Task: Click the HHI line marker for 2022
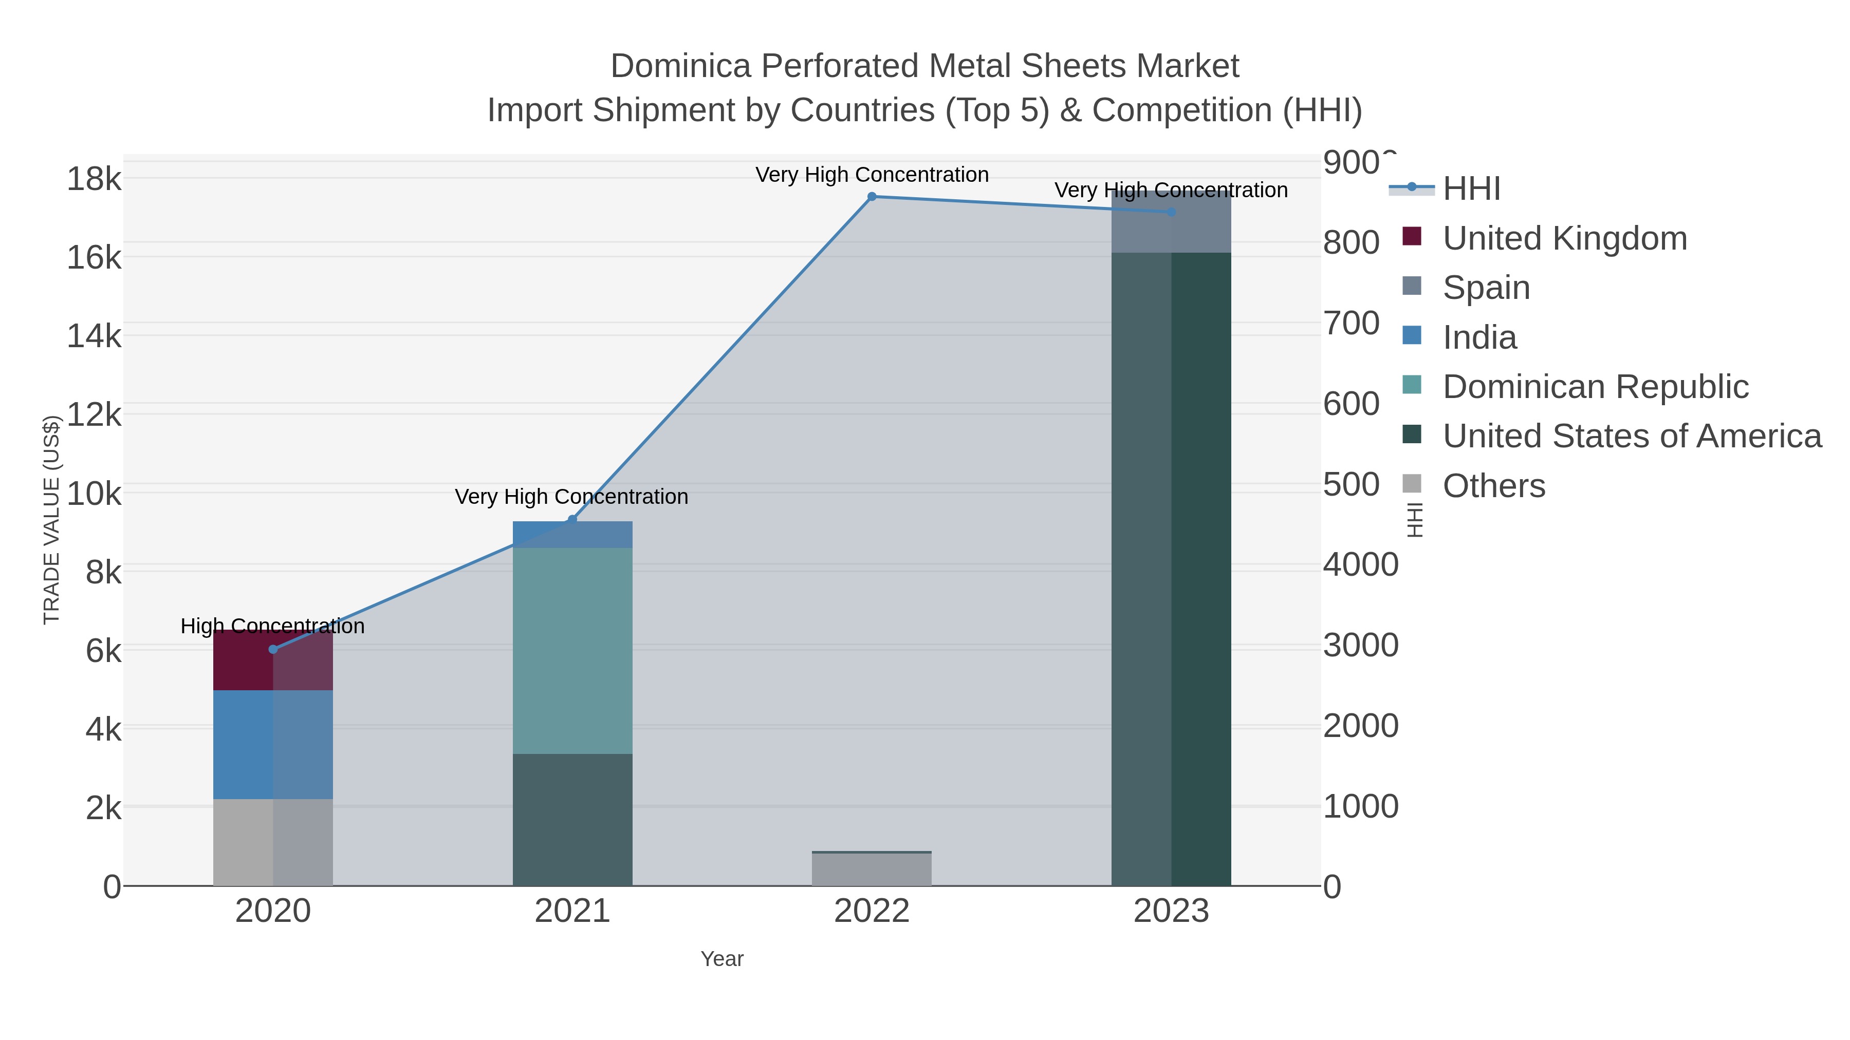872,197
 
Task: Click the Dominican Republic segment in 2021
572,650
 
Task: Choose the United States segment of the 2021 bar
572,820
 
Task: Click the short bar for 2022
872,869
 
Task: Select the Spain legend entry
1486,288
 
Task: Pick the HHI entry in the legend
1471,189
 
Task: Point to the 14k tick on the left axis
94,336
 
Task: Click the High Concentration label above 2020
273,626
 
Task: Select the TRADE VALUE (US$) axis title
52,520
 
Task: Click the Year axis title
722,959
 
